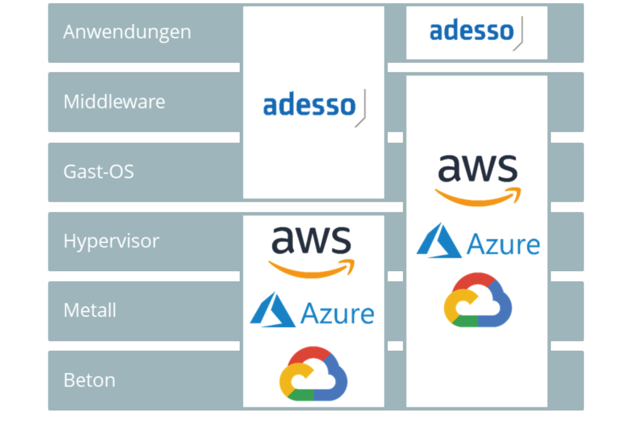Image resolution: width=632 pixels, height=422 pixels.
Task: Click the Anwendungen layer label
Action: (x=127, y=33)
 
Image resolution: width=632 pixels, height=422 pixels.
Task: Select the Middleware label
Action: (x=114, y=101)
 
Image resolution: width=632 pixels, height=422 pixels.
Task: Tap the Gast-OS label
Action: (x=98, y=171)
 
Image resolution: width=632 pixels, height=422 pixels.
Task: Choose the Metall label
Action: (x=90, y=310)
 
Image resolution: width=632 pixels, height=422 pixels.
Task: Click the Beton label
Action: (x=90, y=380)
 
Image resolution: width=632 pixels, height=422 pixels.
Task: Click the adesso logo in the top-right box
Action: (x=476, y=33)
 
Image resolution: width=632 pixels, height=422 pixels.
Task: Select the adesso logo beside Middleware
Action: (x=314, y=108)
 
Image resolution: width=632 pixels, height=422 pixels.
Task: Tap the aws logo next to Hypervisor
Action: (x=311, y=252)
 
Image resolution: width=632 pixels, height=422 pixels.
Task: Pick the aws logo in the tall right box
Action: (x=478, y=180)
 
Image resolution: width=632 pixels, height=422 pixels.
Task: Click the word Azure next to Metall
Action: (x=338, y=313)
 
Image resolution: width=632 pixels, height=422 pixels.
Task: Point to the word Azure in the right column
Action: (x=503, y=244)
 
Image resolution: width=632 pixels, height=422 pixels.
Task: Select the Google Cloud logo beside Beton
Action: (x=313, y=373)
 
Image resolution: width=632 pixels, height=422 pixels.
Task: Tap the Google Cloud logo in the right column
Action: (x=478, y=300)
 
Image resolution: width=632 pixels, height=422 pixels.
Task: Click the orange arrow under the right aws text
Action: (x=478, y=198)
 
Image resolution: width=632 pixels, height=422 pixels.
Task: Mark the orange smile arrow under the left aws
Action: (x=311, y=270)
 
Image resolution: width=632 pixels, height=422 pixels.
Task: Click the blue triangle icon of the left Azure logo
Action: (x=273, y=310)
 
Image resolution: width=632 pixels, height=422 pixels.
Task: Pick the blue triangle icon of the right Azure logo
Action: (x=439, y=241)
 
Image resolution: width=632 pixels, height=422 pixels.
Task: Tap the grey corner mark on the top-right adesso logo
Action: (x=519, y=34)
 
